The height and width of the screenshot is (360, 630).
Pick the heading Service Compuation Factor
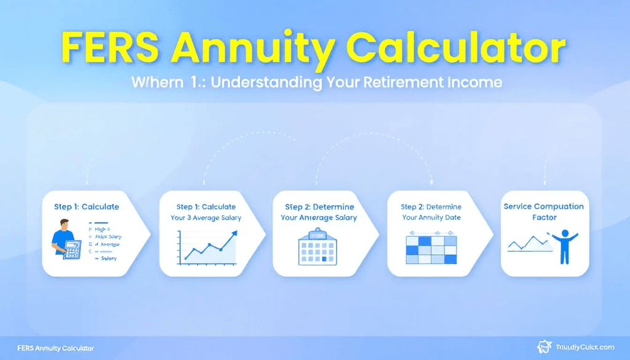pos(543,212)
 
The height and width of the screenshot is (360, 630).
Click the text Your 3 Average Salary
pos(206,218)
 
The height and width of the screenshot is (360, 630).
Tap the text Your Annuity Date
pos(431,217)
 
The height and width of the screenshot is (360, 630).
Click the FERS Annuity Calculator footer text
pos(56,348)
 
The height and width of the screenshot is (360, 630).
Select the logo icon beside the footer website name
pos(544,348)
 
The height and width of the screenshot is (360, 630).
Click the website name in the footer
pos(584,348)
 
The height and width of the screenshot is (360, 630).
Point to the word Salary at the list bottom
pos(109,259)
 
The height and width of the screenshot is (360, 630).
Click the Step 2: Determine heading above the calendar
pos(319,207)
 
